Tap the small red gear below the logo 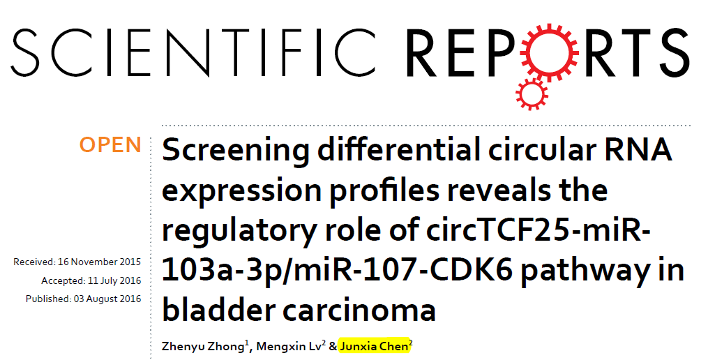(x=532, y=94)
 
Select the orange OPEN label (x=110, y=145)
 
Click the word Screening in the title (x=235, y=151)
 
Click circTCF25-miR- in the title (x=532, y=230)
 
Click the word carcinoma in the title (x=359, y=310)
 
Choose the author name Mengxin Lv (x=289, y=347)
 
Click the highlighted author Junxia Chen (x=374, y=347)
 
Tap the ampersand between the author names (x=333, y=347)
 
